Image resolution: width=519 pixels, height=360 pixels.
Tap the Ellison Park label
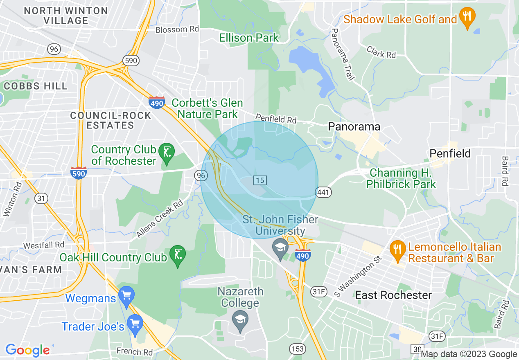tap(249, 38)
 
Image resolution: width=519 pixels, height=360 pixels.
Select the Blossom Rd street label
tap(177, 29)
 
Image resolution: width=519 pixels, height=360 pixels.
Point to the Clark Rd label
tap(381, 52)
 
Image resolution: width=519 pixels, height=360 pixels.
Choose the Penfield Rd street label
tap(275, 119)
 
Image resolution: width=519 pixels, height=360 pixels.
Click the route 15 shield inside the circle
tap(260, 180)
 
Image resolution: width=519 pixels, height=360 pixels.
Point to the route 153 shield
tap(297, 349)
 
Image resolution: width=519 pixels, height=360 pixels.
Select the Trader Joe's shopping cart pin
tap(135, 324)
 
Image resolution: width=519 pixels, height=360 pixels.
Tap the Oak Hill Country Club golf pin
tap(177, 256)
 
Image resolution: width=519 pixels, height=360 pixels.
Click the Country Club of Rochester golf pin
tap(166, 153)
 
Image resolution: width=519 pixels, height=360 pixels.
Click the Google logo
tap(27, 350)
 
